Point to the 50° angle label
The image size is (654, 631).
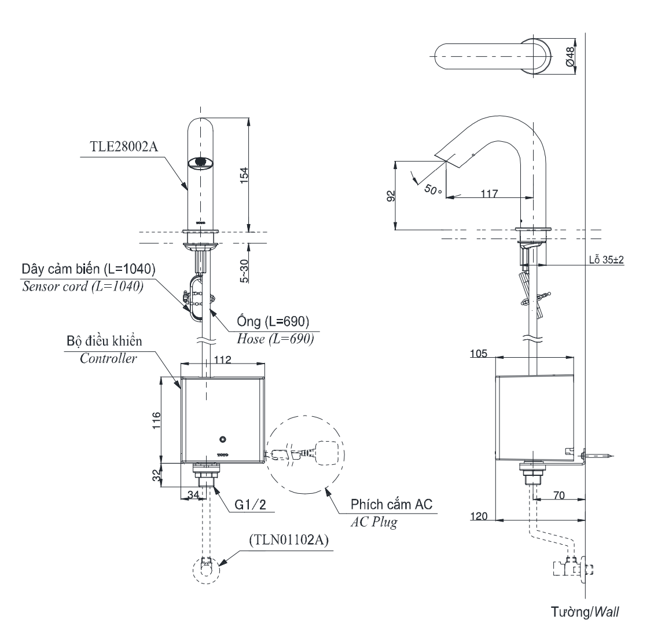tap(433, 189)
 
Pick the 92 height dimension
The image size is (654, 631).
tap(391, 195)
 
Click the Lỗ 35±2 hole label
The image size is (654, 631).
tap(605, 261)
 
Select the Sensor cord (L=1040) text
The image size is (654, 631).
tap(82, 285)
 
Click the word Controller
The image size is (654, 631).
tap(108, 358)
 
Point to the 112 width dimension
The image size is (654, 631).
tap(222, 360)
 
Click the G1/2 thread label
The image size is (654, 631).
tap(250, 505)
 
